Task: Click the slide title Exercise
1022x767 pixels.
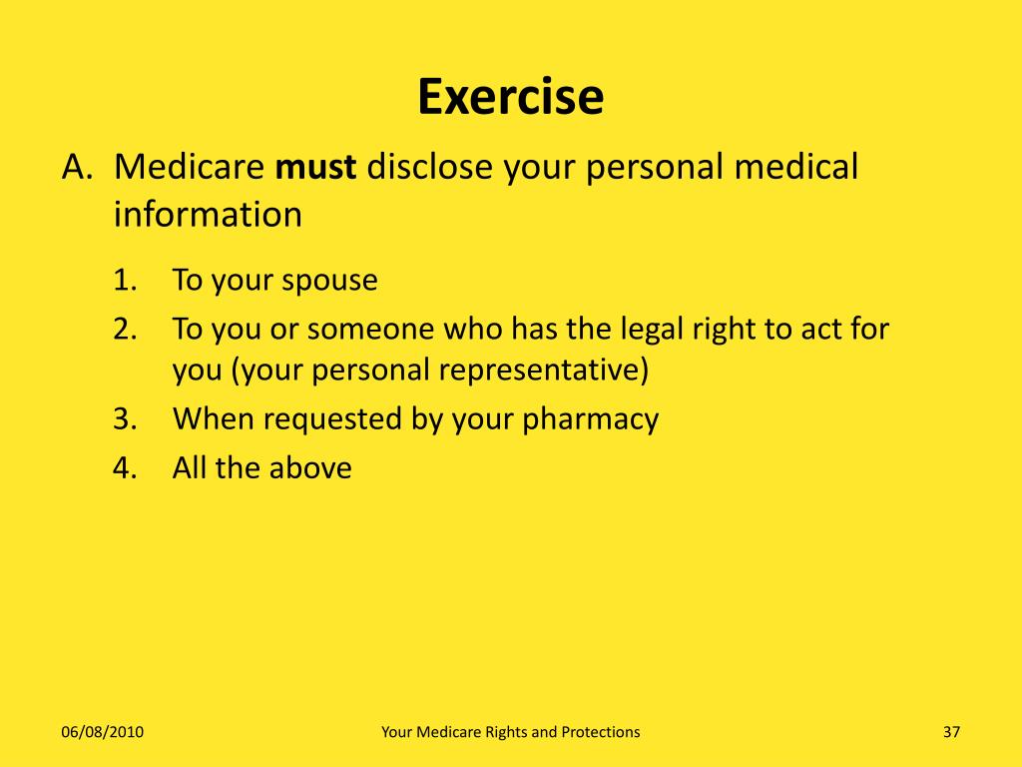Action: (x=510, y=97)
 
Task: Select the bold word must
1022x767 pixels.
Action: (x=315, y=167)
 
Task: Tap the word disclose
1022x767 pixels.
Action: (x=429, y=167)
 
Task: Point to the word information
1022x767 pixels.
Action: (x=208, y=214)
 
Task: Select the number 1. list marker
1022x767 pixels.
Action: (x=124, y=281)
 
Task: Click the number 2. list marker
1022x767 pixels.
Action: (x=124, y=329)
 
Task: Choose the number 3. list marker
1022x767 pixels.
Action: (x=124, y=419)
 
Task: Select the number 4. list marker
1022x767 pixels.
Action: (x=124, y=467)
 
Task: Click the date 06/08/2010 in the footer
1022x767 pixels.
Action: (x=102, y=732)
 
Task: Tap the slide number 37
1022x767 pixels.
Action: (x=950, y=732)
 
